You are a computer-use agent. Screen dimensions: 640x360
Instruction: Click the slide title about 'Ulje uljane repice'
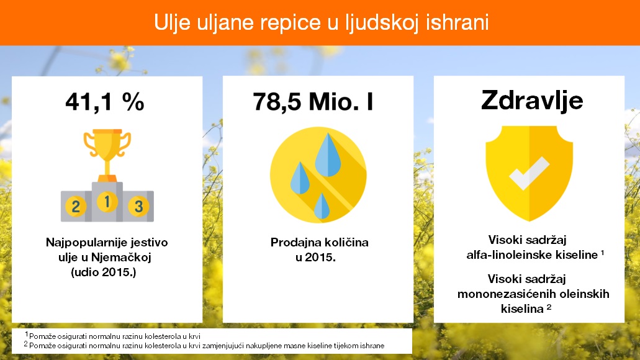pos(321,22)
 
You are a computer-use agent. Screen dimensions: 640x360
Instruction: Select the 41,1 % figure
pos(105,101)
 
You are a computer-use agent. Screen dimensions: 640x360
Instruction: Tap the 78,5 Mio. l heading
pos(313,101)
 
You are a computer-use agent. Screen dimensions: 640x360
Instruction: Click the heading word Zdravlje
pos(532,101)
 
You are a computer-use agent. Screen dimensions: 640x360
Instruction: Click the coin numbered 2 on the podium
pos(76,206)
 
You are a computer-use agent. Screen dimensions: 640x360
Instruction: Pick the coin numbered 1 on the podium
pos(107,202)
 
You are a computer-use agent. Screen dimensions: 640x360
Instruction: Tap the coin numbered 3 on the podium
pos(139,206)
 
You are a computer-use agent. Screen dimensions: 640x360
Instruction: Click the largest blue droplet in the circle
pos(327,157)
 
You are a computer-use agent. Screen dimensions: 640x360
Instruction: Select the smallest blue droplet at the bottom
pos(322,207)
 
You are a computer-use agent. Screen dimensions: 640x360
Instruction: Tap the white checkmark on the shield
pos(530,173)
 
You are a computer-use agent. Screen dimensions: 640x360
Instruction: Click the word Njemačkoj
pos(121,257)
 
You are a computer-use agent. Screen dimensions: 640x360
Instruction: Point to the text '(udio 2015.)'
pos(103,272)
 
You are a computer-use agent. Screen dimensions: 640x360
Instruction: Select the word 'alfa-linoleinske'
pos(503,255)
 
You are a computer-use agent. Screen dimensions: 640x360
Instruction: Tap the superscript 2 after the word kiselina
pos(549,306)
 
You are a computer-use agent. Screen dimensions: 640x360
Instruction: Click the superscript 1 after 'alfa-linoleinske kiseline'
pos(603,253)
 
